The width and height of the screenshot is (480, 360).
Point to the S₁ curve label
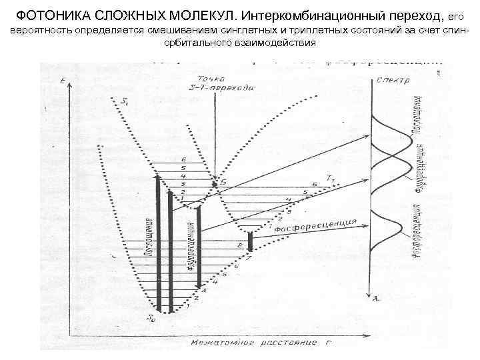click(125, 101)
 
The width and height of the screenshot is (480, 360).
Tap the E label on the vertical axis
click(61, 81)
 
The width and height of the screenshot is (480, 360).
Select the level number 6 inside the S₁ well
click(183, 160)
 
